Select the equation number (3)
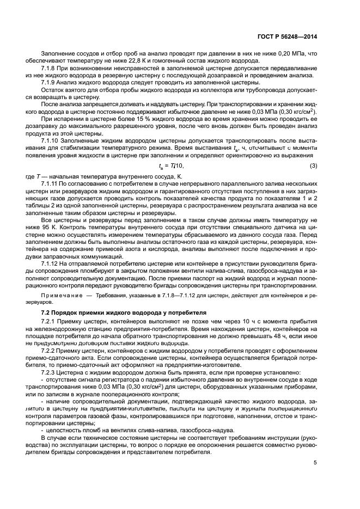pos(313,165)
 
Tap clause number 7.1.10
pos(52,140)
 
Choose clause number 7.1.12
pos(52,262)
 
